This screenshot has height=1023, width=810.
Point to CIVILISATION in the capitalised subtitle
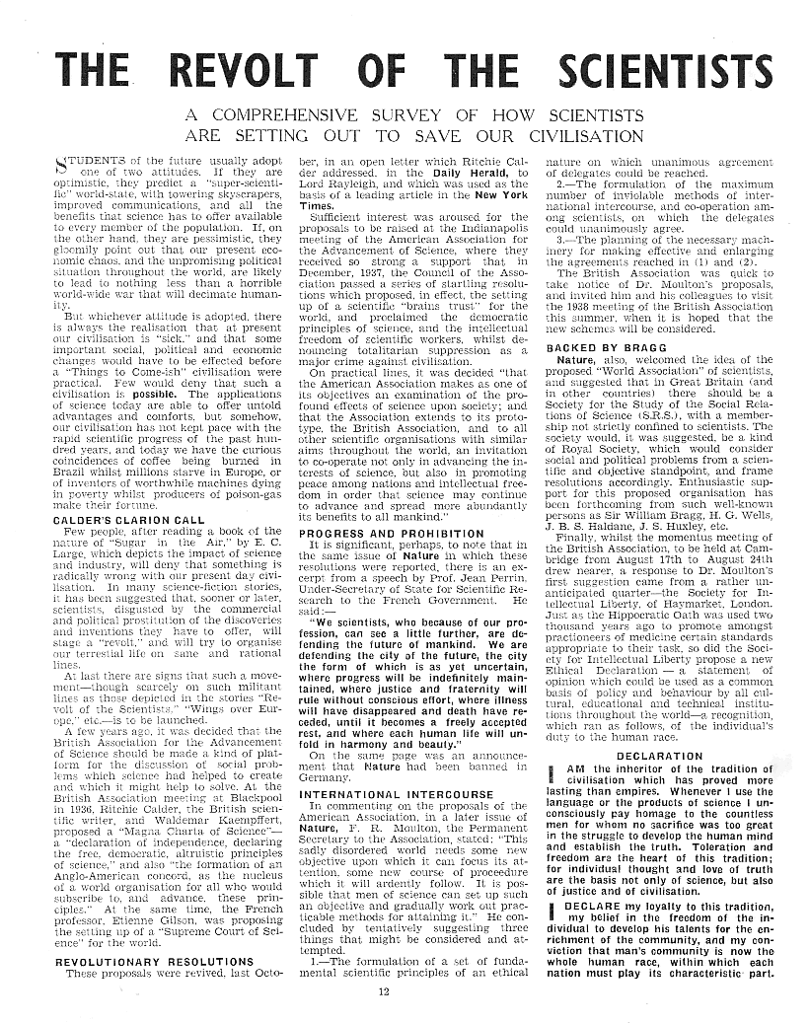559,135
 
